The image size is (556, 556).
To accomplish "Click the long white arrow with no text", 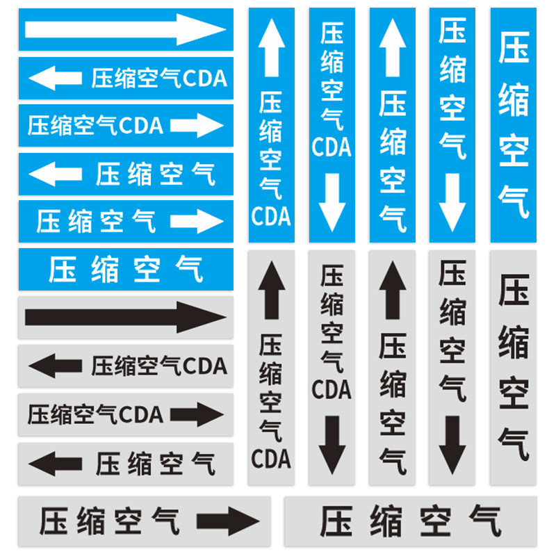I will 125,29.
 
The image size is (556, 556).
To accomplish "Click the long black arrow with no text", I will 125,317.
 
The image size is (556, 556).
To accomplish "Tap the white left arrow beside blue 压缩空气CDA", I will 55,77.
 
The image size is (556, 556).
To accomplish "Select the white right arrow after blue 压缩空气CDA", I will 197,125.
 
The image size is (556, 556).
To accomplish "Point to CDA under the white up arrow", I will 270,216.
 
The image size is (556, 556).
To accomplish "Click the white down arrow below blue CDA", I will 332,202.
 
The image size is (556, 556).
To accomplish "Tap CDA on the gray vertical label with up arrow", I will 270,459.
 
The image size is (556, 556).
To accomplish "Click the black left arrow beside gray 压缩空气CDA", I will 55,366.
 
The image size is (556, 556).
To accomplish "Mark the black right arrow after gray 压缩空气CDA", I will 202,414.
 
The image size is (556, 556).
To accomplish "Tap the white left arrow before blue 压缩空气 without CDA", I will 55,173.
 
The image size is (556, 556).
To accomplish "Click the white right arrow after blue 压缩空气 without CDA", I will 197,221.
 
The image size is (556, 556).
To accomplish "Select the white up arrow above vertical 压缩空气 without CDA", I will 393,48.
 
